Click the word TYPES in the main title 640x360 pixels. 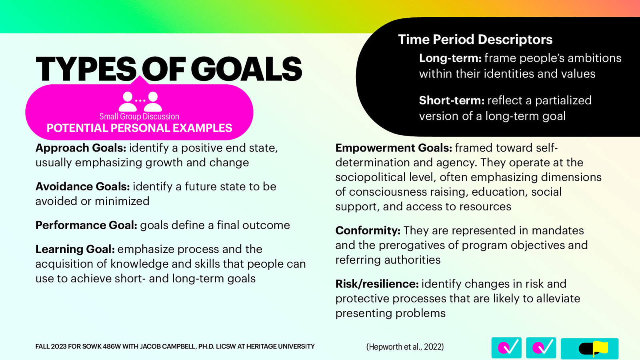(86, 69)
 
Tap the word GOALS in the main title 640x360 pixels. (246, 69)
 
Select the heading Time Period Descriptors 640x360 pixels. (475, 40)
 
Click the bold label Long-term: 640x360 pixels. (450, 58)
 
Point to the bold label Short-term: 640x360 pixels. (452, 100)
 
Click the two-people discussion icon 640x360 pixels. (140, 102)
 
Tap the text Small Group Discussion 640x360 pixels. (139, 116)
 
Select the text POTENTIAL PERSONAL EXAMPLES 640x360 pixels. (139, 128)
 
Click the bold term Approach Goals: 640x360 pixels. (80, 148)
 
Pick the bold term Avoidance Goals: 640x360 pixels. (82, 186)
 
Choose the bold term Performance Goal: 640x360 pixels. (86, 225)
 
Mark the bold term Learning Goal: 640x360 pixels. (75, 249)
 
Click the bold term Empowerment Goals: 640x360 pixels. (394, 148)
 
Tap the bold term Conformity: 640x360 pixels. (368, 230)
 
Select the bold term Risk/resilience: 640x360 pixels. (377, 284)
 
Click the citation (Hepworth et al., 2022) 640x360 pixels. (405, 346)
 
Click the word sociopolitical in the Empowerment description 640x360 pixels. (370, 178)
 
